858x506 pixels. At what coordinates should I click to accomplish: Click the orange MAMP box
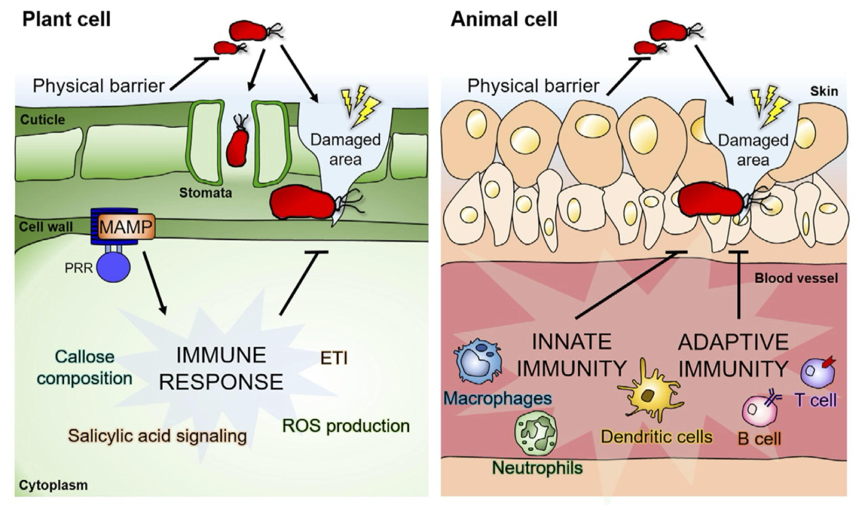pos(126,227)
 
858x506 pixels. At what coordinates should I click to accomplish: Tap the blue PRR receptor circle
pos(114,267)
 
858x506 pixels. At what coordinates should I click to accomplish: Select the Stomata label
pos(206,193)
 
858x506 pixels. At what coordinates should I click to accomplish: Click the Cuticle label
pos(42,120)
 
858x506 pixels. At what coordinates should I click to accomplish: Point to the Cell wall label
pos(46,227)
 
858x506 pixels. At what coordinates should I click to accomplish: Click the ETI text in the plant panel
pos(334,358)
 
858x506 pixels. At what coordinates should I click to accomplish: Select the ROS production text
pos(346,426)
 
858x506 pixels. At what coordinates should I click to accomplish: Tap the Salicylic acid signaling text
pos(157,436)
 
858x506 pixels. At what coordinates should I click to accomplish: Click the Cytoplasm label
pos(53,485)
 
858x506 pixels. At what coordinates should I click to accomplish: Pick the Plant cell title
pos(67,20)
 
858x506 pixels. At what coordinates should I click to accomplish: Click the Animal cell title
pos(504,20)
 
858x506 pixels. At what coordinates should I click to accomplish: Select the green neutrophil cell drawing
pos(536,433)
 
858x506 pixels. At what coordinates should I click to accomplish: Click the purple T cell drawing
pos(816,372)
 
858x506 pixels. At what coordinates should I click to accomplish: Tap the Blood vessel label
pos(796,278)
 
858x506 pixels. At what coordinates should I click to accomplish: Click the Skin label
pos(824,91)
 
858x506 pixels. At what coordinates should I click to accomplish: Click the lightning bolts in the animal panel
pos(770,106)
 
